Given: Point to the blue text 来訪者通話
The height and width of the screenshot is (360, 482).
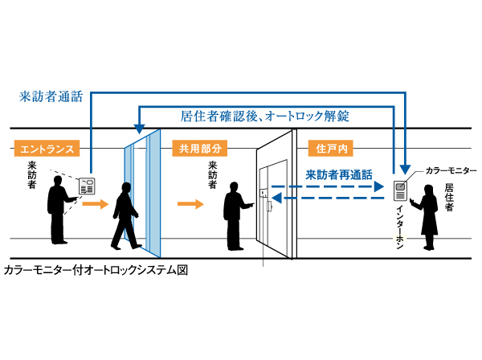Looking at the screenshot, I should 50,96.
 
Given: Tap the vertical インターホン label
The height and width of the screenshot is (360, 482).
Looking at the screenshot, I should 400,226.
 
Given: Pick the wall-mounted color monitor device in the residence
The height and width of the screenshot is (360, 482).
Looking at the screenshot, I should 400,190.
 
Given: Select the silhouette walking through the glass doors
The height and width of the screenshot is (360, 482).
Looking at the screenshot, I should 125,215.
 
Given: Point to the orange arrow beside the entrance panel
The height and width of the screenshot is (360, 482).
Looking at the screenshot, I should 95,204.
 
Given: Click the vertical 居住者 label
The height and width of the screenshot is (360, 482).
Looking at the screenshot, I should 450,197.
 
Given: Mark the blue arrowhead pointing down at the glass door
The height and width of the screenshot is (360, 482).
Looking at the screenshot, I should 138,129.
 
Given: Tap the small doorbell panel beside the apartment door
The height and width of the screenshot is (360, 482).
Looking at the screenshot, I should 263,192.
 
